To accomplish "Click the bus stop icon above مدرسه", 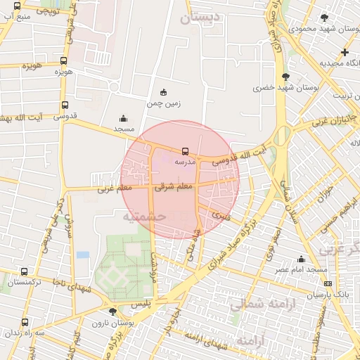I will (x=185, y=151).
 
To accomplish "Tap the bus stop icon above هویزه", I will (x=64, y=61).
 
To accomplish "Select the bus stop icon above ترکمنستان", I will (x=25, y=271).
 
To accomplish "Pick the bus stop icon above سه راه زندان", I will (x=25, y=322).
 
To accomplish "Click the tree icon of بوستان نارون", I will (x=112, y=311).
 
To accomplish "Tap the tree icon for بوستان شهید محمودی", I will (x=323, y=18).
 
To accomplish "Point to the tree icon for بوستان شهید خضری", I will (x=285, y=77).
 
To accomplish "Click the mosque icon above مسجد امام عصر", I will (x=301, y=259).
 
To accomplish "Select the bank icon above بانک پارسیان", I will (x=328, y=283).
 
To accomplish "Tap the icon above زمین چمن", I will (x=164, y=92).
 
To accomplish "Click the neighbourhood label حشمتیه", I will (x=143, y=217).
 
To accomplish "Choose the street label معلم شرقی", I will (x=174, y=187).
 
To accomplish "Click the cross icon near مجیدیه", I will (x=345, y=52).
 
